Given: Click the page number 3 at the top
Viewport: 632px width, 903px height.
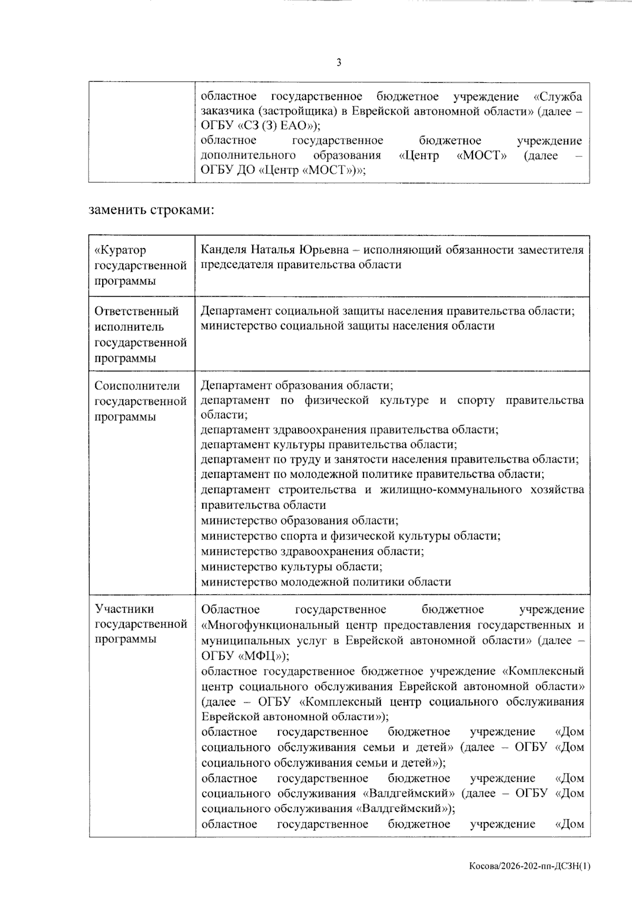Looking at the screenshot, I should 339,63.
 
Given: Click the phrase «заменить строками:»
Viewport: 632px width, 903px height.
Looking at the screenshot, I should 152,210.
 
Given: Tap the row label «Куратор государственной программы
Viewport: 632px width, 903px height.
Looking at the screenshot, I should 141,265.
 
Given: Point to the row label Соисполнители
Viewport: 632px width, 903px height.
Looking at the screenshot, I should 137,386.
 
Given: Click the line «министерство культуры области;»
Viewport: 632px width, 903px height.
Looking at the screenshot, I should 292,567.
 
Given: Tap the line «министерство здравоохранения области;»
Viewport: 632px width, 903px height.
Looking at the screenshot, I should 313,551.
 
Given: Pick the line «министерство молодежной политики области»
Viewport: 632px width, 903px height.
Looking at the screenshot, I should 326,582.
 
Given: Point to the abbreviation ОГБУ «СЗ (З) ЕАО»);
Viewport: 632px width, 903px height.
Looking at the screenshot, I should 260,126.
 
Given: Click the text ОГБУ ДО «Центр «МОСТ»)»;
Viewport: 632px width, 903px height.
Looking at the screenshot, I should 283,170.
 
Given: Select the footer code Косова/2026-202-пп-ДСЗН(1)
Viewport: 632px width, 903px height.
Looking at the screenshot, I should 530,866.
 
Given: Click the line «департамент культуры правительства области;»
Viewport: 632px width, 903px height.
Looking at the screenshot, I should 329,444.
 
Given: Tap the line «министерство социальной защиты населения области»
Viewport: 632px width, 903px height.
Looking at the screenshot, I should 348,326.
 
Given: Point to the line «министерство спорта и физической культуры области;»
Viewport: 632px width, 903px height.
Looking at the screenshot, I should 351,536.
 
